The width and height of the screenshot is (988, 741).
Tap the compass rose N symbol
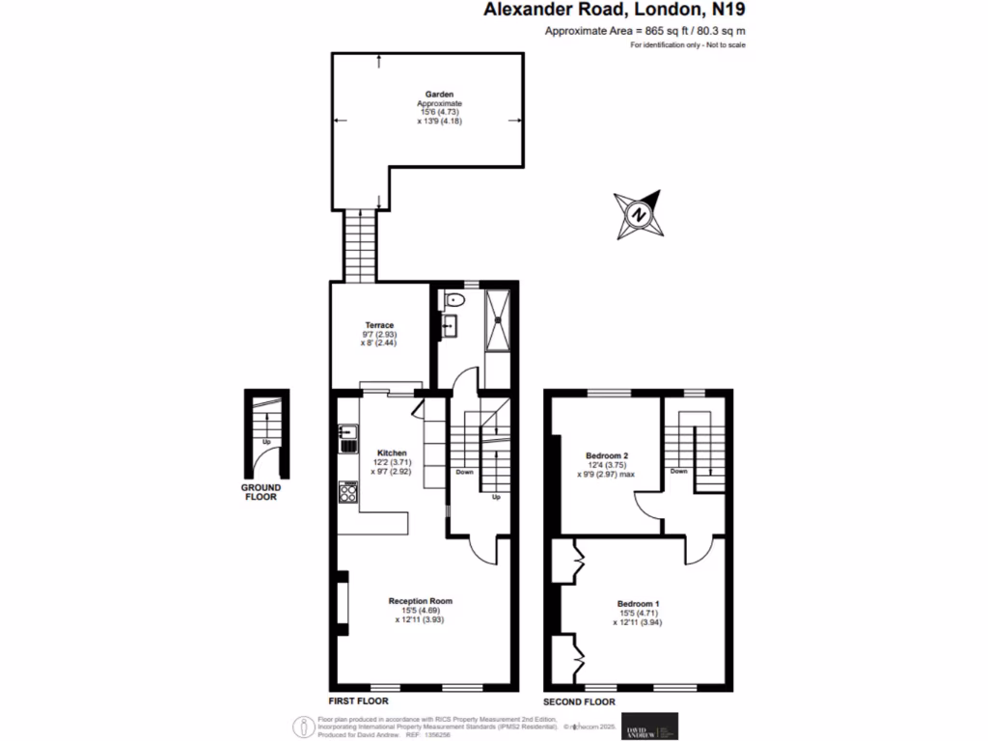[x=638, y=214]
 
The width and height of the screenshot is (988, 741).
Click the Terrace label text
[x=378, y=325]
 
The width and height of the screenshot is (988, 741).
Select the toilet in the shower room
[x=454, y=302]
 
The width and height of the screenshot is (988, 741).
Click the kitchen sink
[x=346, y=440]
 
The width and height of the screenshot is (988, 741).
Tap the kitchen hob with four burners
[x=347, y=494]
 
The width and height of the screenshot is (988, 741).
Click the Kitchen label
[x=392, y=453]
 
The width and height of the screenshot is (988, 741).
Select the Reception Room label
[x=420, y=601]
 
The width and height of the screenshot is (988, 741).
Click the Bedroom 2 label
[x=607, y=454]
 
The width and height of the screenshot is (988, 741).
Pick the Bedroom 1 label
[x=637, y=604]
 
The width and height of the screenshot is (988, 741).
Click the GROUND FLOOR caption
[x=260, y=492]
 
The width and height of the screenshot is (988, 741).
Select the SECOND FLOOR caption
[x=579, y=702]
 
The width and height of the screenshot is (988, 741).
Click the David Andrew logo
[x=650, y=726]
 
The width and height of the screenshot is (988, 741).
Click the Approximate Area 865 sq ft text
[x=645, y=32]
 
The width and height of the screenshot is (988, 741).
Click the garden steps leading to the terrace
[x=360, y=246]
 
